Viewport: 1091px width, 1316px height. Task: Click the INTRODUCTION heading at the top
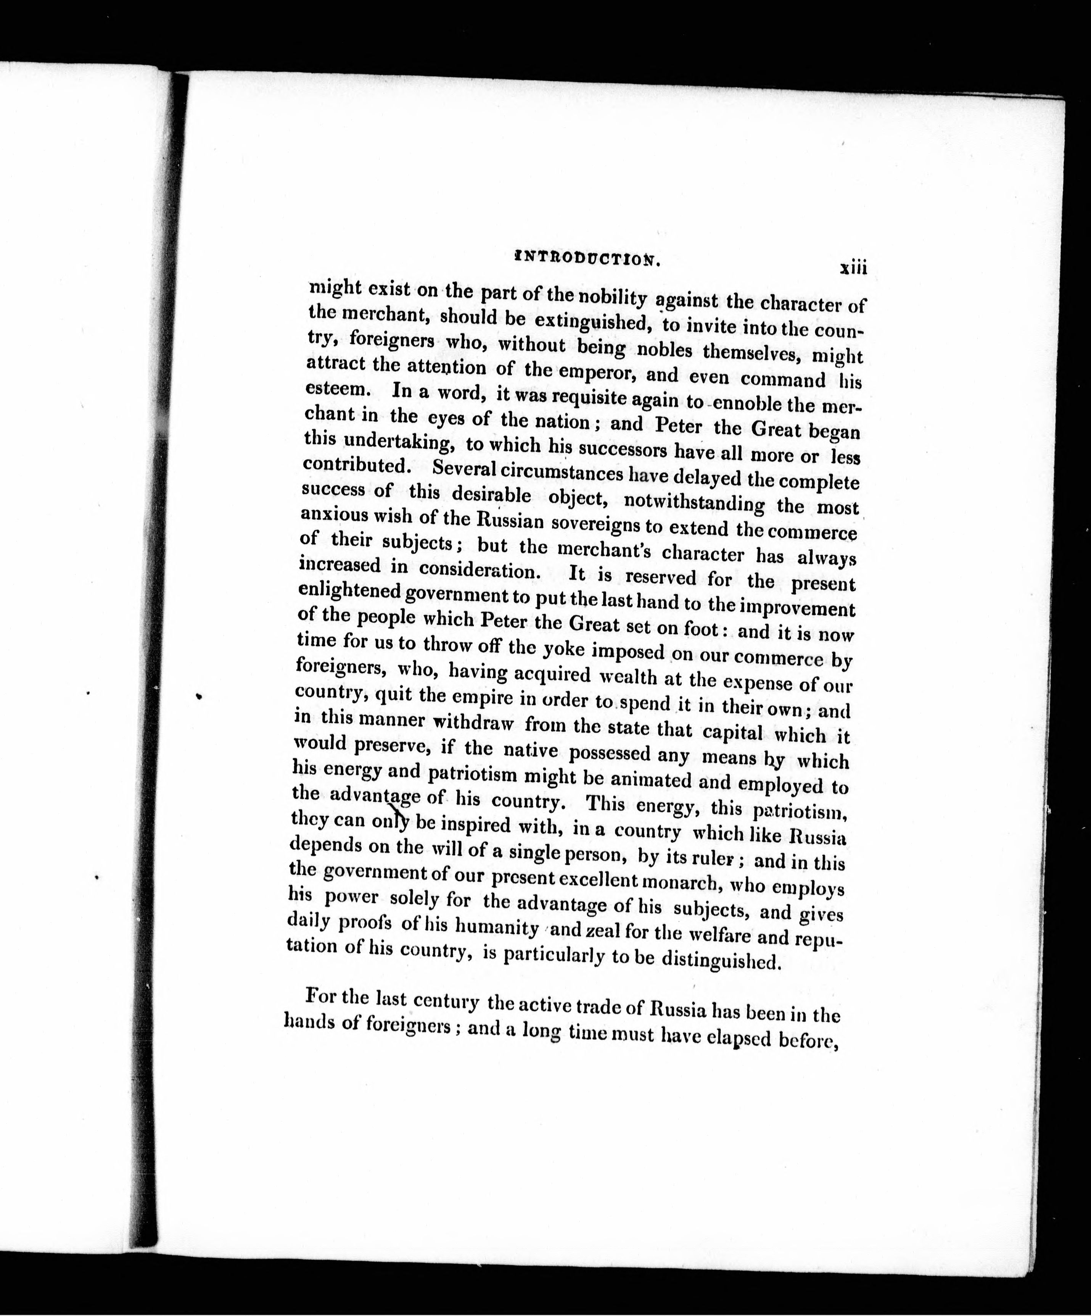pos(587,259)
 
